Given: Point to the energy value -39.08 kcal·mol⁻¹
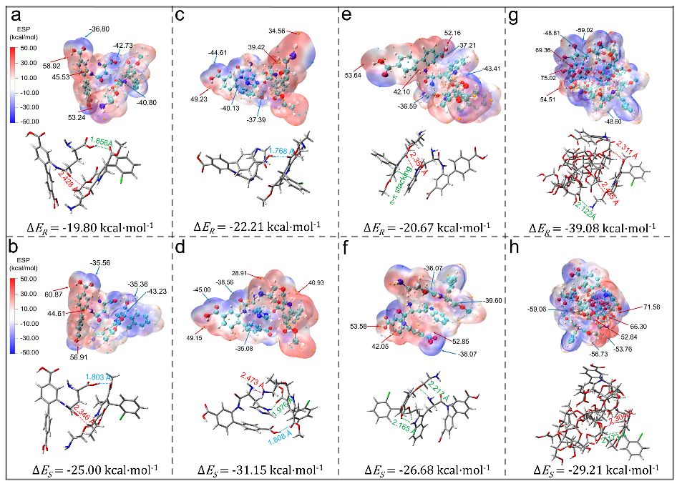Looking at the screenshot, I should coord(594,228).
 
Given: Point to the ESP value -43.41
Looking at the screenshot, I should coord(496,69).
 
